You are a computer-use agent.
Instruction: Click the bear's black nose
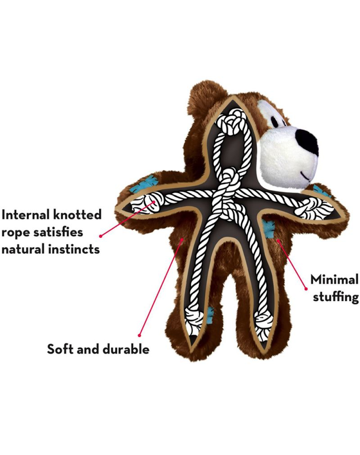[307, 143]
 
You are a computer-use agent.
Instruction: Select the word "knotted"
[77, 215]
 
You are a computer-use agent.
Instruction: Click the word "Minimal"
[334, 280]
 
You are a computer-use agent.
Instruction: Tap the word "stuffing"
[336, 298]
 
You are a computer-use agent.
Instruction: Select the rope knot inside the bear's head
[232, 122]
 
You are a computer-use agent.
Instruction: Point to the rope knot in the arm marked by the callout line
[145, 205]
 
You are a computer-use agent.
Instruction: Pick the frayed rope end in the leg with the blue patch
[195, 324]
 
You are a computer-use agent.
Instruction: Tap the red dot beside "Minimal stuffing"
[306, 289]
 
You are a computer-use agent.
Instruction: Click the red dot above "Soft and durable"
[139, 335]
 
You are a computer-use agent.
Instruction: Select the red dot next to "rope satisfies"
[101, 236]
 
